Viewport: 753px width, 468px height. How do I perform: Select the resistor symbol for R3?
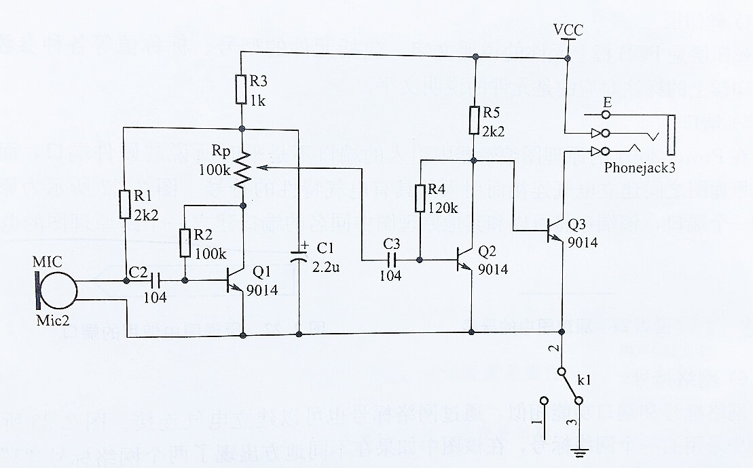click(x=241, y=89)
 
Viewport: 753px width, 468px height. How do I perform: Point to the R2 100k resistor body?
click(x=185, y=243)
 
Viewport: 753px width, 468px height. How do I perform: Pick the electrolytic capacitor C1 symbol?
click(x=299, y=258)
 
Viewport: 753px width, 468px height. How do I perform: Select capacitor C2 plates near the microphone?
click(x=155, y=279)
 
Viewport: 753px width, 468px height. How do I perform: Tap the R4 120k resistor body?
click(x=420, y=197)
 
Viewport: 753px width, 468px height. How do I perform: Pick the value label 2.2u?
click(x=326, y=267)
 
